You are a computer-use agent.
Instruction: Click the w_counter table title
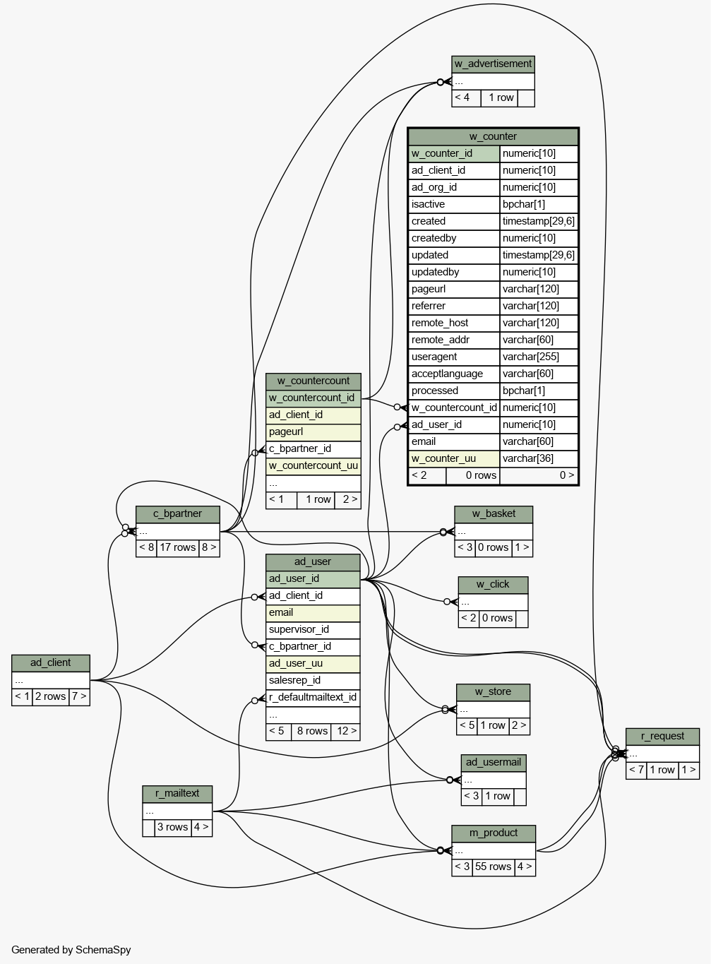(493, 136)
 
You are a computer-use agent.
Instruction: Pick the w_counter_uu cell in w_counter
(454, 458)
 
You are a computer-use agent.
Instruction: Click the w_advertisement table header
(493, 64)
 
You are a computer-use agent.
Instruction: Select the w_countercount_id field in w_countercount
(313, 398)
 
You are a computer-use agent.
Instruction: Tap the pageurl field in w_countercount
(313, 432)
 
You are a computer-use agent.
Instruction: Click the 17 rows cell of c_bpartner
(178, 547)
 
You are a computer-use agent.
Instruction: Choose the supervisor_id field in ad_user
(313, 630)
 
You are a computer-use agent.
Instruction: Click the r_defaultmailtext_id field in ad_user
(313, 698)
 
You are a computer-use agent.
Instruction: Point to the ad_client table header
(50, 663)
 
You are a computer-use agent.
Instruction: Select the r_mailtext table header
(177, 794)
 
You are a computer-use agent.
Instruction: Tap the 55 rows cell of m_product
(493, 867)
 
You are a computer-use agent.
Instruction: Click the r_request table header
(662, 737)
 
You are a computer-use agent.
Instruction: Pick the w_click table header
(493, 585)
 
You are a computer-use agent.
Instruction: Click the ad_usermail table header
(494, 763)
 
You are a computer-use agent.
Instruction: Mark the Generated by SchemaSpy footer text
(71, 950)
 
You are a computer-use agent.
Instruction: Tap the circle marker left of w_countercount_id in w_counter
(397, 407)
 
